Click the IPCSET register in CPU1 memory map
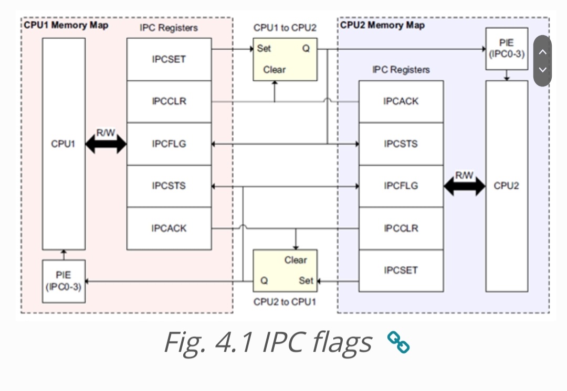(x=169, y=59)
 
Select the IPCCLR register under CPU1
(x=169, y=102)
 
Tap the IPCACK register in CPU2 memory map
(x=401, y=102)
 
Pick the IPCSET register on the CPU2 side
(x=401, y=270)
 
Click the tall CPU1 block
(x=64, y=144)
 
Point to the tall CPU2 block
(x=507, y=186)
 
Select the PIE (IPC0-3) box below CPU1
(x=64, y=281)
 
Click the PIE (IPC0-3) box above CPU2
(x=507, y=49)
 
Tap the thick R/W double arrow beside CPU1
(x=106, y=144)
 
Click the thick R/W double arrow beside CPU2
(x=464, y=186)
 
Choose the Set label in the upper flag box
(x=264, y=48)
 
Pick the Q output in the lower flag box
(x=264, y=280)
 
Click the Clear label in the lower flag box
(x=296, y=260)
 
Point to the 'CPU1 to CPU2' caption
(x=285, y=28)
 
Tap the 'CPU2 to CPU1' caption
(x=285, y=302)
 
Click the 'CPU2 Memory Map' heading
(x=382, y=25)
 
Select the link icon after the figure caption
(x=398, y=342)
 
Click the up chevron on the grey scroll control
(x=542, y=52)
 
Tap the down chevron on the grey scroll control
(x=542, y=70)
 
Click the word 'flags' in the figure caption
(x=342, y=342)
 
